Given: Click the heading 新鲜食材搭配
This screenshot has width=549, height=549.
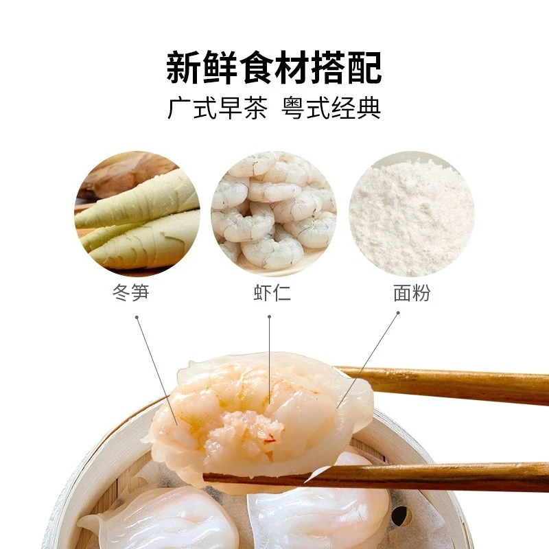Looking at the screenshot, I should click(x=274, y=67).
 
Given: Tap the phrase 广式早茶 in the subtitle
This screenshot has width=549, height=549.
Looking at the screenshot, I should click(x=217, y=109).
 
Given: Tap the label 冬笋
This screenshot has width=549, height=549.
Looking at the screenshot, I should click(x=130, y=293).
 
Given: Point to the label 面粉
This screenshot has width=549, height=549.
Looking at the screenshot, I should click(x=412, y=293).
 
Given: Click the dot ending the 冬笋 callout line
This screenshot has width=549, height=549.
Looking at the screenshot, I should click(x=137, y=317).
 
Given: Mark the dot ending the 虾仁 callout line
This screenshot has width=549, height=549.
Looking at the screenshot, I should click(x=270, y=317).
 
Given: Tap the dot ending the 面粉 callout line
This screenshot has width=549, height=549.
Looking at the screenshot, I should click(x=398, y=313).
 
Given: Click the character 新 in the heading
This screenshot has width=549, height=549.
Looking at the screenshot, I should click(x=183, y=67).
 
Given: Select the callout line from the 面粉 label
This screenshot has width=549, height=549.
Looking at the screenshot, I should click(x=371, y=357).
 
